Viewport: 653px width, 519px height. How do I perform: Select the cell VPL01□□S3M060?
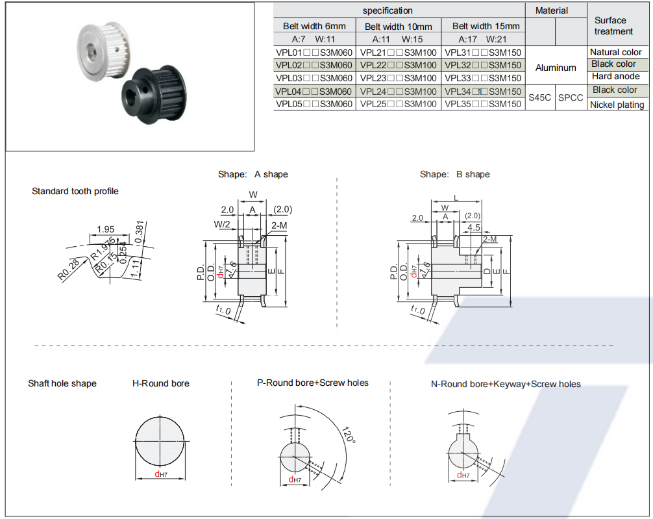click(x=314, y=52)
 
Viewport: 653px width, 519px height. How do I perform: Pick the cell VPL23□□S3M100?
click(x=399, y=78)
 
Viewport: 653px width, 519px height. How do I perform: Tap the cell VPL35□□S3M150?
click(x=483, y=104)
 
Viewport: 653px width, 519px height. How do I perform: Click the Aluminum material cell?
click(x=556, y=68)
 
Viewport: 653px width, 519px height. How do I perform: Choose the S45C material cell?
click(x=539, y=97)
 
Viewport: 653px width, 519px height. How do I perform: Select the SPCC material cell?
click(x=571, y=97)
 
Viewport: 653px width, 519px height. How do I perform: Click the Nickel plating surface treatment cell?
click(x=617, y=105)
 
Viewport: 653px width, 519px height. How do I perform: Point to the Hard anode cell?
click(x=616, y=77)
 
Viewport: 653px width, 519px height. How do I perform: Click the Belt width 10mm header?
click(x=399, y=27)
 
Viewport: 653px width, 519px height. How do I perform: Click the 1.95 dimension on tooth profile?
click(x=106, y=229)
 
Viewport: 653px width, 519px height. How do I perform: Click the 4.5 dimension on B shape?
click(x=474, y=227)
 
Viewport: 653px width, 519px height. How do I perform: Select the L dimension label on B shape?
click(x=456, y=197)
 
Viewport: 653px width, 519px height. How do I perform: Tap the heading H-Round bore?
click(x=161, y=383)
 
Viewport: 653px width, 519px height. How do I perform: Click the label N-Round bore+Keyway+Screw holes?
click(x=506, y=384)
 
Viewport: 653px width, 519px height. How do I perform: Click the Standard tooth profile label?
click(x=75, y=191)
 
